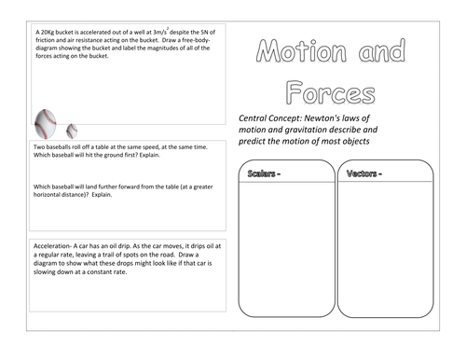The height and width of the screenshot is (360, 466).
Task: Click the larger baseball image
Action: pyautogui.click(x=45, y=122)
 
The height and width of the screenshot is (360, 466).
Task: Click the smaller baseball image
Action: pyautogui.click(x=73, y=130)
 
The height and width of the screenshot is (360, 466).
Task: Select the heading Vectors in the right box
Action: pyautogui.click(x=365, y=174)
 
